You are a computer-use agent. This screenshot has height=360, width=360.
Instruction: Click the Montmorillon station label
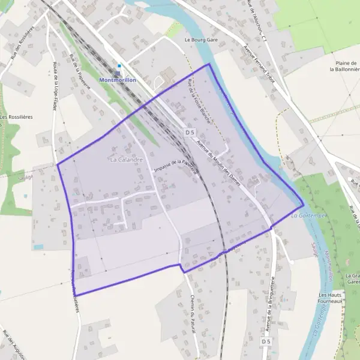coord(118,80)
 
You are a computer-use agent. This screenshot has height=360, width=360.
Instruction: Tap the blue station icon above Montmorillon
coord(119,66)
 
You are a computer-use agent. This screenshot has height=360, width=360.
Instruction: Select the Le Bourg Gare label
coord(201,40)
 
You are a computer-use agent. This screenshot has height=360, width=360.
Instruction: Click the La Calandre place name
coord(126,160)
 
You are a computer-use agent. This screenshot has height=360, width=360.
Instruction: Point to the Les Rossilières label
coord(16,117)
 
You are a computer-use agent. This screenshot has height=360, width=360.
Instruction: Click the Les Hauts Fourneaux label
coord(331,298)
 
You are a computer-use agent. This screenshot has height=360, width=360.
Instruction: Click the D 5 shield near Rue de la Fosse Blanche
coord(190,131)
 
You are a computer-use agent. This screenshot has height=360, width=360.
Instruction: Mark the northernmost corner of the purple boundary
coord(209,64)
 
